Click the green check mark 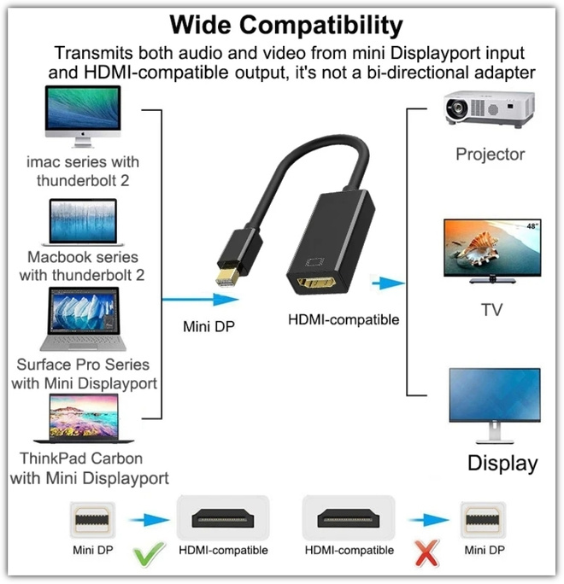(149, 554)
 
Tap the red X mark (427, 553)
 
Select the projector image (490, 108)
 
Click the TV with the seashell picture (492, 251)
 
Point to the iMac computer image (83, 116)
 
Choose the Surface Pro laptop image (83, 318)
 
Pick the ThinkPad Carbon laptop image (84, 418)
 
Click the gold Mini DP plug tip (227, 277)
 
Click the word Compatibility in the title (321, 26)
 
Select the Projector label (491, 155)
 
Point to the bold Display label (502, 464)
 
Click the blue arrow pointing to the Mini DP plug (201, 299)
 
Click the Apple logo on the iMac (83, 134)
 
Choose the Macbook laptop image (83, 222)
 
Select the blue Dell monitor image (495, 406)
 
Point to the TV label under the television (491, 310)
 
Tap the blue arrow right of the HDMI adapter (389, 283)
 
